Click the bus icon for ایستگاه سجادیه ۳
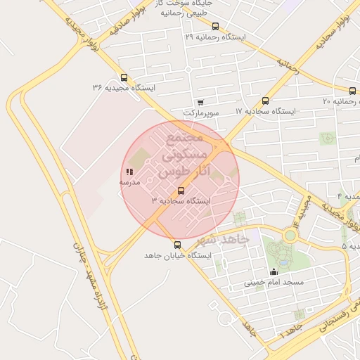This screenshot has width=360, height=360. (x=181, y=191)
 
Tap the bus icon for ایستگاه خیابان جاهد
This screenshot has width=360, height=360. (x=177, y=245)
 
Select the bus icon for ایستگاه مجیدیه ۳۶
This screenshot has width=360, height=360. (x=124, y=77)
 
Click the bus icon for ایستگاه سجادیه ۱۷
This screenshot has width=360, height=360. (x=265, y=101)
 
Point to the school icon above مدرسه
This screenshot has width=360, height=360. (x=129, y=172)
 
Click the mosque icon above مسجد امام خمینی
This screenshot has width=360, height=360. (x=274, y=271)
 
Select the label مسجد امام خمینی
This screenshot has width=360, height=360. (x=274, y=282)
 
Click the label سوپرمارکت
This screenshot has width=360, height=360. (x=201, y=112)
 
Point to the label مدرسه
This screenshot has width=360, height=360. (x=129, y=182)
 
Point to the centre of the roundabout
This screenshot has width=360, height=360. (x=290, y=236)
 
